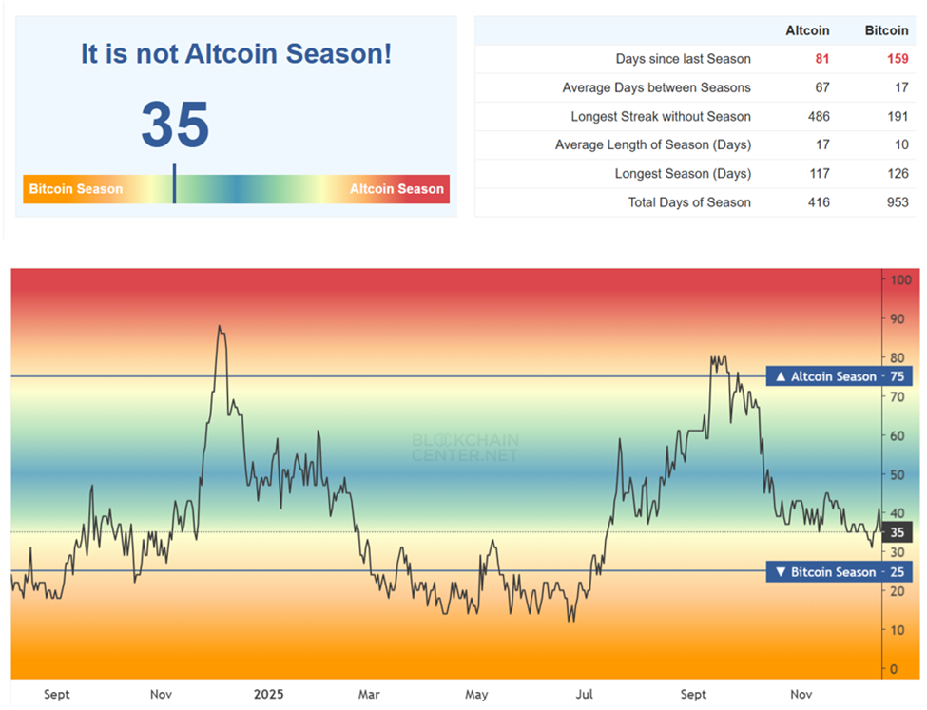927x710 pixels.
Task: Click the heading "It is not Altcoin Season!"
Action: coord(236,53)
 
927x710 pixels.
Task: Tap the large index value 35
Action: coord(175,125)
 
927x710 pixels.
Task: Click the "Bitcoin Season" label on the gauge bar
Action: coord(76,189)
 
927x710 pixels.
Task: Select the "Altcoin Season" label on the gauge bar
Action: coord(396,189)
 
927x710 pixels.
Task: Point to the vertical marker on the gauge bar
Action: coord(174,183)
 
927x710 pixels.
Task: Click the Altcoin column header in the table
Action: coord(807,30)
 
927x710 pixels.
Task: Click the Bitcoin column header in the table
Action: coord(886,30)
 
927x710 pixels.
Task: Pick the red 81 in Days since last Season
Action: coord(821,59)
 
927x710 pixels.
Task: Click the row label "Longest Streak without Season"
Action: coord(661,117)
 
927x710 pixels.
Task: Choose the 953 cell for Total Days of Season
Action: coord(897,202)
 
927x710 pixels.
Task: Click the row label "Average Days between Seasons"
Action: coord(656,88)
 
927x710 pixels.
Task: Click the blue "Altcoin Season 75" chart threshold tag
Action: coord(838,376)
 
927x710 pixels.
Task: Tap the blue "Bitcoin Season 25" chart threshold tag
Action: coord(838,572)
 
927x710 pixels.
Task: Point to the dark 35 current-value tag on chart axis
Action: coord(898,532)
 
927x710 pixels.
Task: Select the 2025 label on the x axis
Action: coord(267,695)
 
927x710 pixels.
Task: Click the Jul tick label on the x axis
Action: coord(587,695)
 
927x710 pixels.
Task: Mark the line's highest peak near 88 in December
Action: coord(219,327)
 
